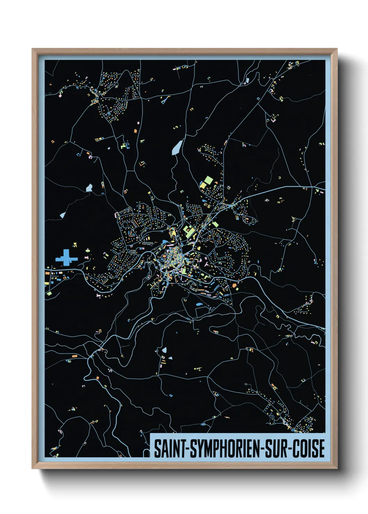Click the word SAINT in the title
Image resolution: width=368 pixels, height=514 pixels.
click(x=169, y=448)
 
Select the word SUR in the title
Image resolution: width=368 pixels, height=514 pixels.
click(x=277, y=448)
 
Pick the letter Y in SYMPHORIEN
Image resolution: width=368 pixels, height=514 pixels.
click(x=198, y=448)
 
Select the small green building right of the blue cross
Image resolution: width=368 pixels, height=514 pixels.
click(x=88, y=250)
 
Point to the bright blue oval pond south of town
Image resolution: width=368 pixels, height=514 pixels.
click(x=199, y=305)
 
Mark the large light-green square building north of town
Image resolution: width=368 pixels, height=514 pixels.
click(x=208, y=180)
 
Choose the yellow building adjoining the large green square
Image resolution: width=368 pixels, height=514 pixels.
click(x=203, y=185)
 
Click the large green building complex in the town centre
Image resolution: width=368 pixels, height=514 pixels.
click(x=189, y=231)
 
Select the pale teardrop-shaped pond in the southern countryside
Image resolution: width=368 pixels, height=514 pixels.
click(x=164, y=350)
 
